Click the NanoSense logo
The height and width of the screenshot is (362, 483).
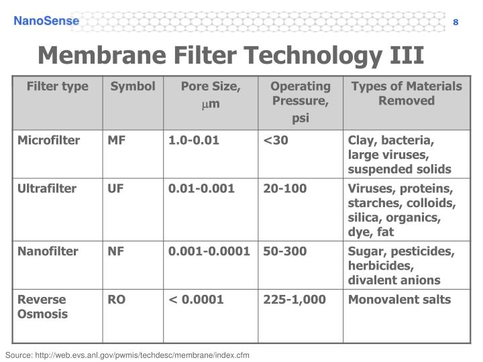[x=47, y=21]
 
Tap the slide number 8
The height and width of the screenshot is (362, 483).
[x=455, y=22]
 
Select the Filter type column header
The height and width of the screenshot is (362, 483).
[x=58, y=86]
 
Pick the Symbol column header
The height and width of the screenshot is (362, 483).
[x=133, y=86]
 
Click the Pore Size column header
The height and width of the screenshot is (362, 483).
[x=211, y=93]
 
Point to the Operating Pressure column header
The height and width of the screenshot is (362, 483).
[x=300, y=101]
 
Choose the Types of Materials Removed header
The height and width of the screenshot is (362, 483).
[x=407, y=93]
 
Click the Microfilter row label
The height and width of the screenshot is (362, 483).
[x=49, y=141]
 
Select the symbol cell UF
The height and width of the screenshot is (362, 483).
[x=116, y=188]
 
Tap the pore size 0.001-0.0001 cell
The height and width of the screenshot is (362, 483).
[x=209, y=251]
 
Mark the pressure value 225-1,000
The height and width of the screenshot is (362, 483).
[x=294, y=300]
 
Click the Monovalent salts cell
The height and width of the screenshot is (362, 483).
[x=399, y=300]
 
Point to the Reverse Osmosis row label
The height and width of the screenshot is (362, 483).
[x=43, y=307]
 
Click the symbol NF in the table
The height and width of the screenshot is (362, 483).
[x=116, y=251]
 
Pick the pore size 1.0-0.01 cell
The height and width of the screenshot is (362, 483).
[x=194, y=141]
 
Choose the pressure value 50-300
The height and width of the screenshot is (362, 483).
[x=285, y=251]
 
